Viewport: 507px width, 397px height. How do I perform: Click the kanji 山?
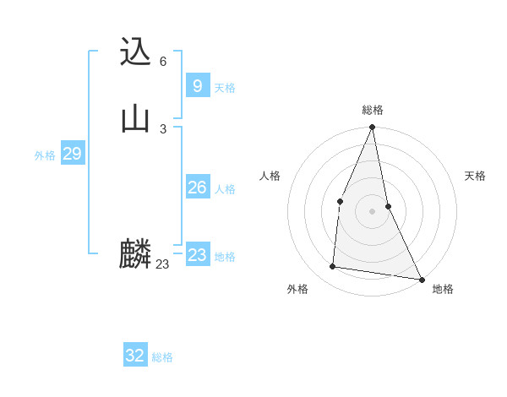tap(135, 118)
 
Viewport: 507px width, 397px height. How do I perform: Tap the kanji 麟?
tap(135, 254)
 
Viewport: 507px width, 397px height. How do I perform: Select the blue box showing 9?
tap(197, 85)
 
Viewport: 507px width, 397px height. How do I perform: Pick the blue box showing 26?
tap(197, 188)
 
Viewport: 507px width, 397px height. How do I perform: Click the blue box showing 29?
tap(72, 154)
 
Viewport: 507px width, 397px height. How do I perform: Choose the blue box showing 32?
tap(135, 356)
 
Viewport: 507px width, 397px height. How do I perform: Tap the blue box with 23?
tap(197, 255)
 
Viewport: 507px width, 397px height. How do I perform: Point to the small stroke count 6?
tap(163, 62)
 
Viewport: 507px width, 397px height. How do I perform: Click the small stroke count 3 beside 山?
tap(163, 128)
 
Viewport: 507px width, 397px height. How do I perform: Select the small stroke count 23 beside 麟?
tap(162, 264)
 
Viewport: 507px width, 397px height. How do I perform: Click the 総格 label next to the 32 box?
tap(162, 357)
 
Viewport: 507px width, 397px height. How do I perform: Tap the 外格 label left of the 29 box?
tap(45, 155)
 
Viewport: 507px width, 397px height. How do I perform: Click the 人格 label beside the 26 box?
tap(225, 189)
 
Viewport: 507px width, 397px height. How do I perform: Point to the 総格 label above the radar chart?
tap(373, 110)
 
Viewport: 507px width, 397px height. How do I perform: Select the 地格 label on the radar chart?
tap(443, 289)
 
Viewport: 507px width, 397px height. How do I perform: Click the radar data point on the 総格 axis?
tap(373, 128)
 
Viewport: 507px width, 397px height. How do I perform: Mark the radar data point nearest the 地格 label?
tap(421, 279)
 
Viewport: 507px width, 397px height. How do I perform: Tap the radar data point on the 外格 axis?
tap(333, 267)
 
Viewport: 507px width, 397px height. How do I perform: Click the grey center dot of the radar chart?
tap(373, 210)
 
